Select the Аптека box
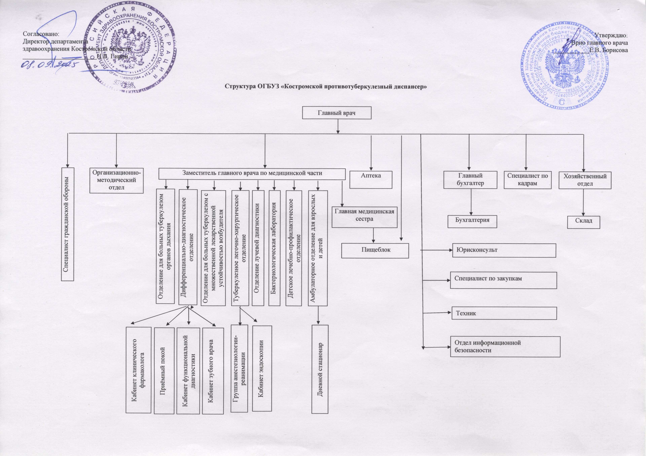[371, 179]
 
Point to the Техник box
[504, 313]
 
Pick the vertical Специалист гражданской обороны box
[68, 224]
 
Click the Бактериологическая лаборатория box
[275, 248]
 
